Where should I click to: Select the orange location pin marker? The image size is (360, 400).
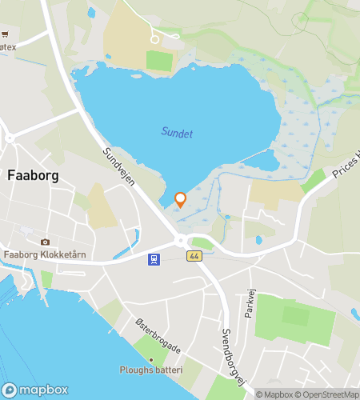(x=180, y=199)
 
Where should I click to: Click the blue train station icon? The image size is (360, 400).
(x=153, y=258)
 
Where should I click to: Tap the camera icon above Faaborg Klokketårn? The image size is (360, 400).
(x=44, y=242)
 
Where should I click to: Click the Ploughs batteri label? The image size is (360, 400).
(x=151, y=370)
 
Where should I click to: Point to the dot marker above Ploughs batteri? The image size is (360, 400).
(x=150, y=358)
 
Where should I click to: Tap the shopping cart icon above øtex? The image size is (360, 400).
(x=5, y=34)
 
